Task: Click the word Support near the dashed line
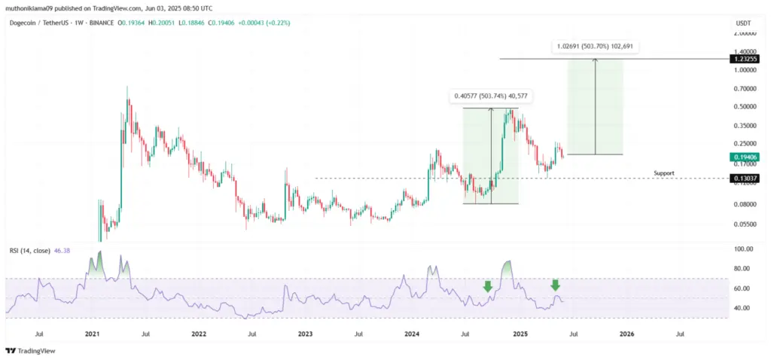pos(663,173)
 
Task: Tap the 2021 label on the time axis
pos(92,332)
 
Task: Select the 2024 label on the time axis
pos(412,332)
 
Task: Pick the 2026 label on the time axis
pos(626,332)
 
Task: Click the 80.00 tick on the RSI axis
pos(743,269)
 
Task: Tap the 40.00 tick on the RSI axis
pos(743,308)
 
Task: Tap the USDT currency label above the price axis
pos(742,23)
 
